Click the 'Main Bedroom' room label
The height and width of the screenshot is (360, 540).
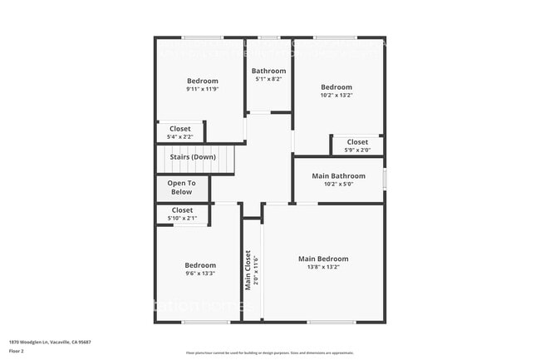[323, 259]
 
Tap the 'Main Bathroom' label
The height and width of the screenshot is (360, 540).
[338, 176]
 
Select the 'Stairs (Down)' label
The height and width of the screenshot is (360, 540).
[193, 157]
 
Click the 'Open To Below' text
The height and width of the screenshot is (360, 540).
[181, 187]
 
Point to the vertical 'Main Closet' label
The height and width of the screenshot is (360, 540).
[248, 271]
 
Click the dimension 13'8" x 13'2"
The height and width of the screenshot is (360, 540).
[323, 268]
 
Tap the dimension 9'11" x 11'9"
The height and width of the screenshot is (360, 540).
[203, 89]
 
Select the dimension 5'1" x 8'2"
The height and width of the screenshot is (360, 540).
[268, 79]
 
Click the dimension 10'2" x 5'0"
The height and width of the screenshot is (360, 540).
[338, 185]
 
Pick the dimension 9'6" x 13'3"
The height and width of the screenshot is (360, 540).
[200, 274]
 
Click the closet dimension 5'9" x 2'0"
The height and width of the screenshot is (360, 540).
[357, 150]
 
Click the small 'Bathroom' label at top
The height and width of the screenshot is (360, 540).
[268, 71]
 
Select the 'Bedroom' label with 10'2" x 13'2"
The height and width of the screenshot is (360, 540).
[336, 87]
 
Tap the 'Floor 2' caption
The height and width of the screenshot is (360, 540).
[17, 351]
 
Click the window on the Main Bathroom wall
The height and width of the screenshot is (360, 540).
[384, 179]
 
